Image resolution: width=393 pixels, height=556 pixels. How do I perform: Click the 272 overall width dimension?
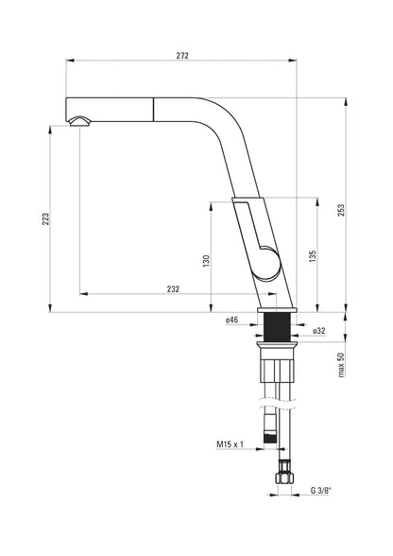click(x=182, y=55)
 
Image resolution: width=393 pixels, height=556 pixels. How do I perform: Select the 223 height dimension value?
click(x=45, y=219)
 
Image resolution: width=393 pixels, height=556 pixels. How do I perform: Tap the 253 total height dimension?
click(x=340, y=211)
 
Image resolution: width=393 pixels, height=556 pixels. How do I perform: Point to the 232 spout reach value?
click(x=173, y=289)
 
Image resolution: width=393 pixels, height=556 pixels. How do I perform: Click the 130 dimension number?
click(x=207, y=261)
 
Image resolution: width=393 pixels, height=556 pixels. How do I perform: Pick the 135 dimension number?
click(x=312, y=256)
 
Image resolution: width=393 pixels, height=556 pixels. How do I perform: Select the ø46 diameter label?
click(x=231, y=320)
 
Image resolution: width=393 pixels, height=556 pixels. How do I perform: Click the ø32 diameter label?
click(x=318, y=331)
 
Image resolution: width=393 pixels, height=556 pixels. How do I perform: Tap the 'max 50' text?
click(x=340, y=365)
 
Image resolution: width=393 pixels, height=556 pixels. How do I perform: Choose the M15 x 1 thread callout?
click(x=230, y=443)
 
